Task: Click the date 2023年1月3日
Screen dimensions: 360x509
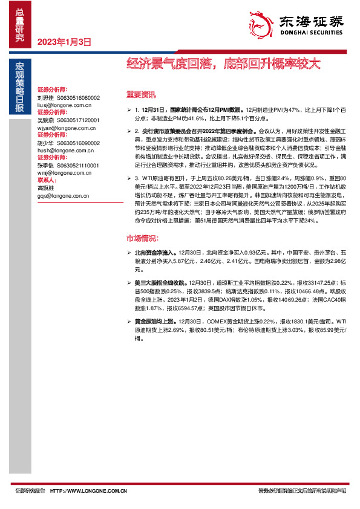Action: click(64, 42)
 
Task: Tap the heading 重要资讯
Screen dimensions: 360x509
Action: click(140, 94)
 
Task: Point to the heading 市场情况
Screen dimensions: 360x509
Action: click(140, 237)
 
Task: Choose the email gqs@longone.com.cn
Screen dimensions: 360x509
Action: click(62, 196)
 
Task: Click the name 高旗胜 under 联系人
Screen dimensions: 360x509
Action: click(45, 188)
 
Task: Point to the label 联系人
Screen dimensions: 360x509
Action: click(47, 180)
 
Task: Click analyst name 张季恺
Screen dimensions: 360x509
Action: click(45, 164)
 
